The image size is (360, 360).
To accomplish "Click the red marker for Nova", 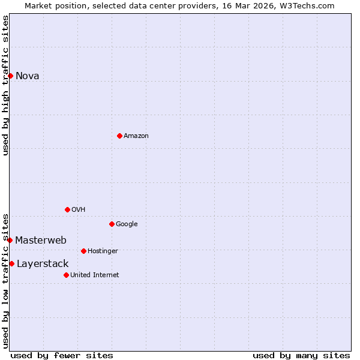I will coord(10,76).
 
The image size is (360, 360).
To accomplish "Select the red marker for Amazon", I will coord(119,136).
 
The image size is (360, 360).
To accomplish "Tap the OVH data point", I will coord(67,209).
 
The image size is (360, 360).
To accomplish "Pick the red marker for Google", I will coord(112,224).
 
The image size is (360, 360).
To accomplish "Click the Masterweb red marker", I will coord(10,240).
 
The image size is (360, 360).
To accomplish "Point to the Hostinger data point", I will coord(83,251).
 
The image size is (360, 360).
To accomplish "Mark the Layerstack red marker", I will coord(11,263).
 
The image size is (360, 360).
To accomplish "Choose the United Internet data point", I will coord(66,275).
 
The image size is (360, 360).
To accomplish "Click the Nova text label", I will coord(28,76).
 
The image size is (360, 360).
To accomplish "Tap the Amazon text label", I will coord(136,136).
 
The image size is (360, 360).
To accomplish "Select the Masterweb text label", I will coord(41,240).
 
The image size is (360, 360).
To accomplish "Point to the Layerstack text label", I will coord(43,263).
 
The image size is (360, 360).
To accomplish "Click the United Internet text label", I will coord(94,275).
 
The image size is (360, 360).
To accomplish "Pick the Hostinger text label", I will coord(103,251).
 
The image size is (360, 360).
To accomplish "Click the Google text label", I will coord(127,224).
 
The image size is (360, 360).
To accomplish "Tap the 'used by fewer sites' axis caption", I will coord(62,355).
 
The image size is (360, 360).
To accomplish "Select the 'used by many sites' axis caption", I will coord(301,355).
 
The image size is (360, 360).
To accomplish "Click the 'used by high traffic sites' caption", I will coord(6,85).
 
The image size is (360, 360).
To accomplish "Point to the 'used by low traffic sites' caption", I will coord(6,280).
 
